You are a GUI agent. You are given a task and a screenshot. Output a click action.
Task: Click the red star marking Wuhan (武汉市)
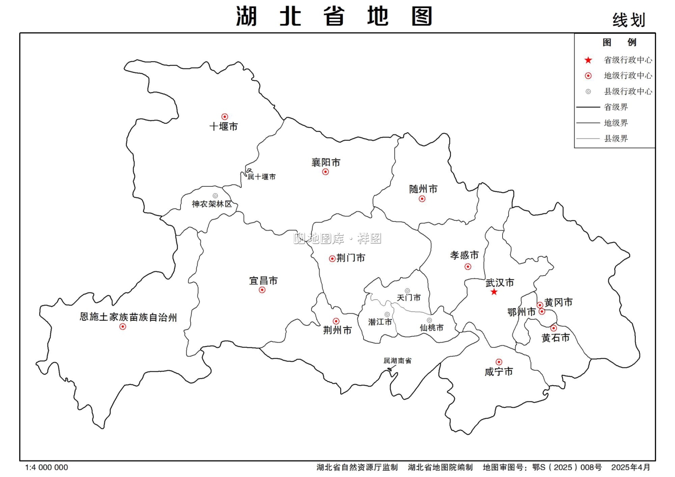(x=494, y=292)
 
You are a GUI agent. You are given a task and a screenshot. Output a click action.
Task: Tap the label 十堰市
(x=224, y=126)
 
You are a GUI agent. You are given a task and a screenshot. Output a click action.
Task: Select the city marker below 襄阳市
(x=325, y=172)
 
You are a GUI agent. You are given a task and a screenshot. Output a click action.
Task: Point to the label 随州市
(x=423, y=189)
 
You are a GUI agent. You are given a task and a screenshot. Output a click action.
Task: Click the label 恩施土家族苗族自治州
(x=128, y=317)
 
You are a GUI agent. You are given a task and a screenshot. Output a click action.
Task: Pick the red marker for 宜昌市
(x=262, y=290)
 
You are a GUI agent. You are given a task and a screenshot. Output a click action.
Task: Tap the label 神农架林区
(x=212, y=204)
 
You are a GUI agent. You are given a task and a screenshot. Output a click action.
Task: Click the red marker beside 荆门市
(x=332, y=259)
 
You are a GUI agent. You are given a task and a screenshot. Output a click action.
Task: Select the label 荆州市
(x=337, y=330)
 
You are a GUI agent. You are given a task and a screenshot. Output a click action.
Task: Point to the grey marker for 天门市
(x=407, y=291)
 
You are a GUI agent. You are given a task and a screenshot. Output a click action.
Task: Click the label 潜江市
(x=380, y=322)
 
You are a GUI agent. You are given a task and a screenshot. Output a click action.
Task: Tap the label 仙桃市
(x=432, y=328)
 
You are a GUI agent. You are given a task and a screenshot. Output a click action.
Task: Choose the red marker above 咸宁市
(x=499, y=362)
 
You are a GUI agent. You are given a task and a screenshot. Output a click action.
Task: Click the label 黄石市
(x=555, y=337)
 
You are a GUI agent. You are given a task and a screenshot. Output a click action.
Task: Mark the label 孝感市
(x=464, y=255)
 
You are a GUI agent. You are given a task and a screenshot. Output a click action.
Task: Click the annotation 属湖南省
(x=397, y=360)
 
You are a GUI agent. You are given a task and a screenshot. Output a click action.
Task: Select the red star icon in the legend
(x=588, y=60)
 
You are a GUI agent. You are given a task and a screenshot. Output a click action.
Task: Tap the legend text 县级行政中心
(x=628, y=91)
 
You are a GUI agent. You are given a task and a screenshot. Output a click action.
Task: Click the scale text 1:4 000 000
(x=47, y=468)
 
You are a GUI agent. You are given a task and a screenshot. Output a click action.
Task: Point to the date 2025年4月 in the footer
(x=630, y=468)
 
